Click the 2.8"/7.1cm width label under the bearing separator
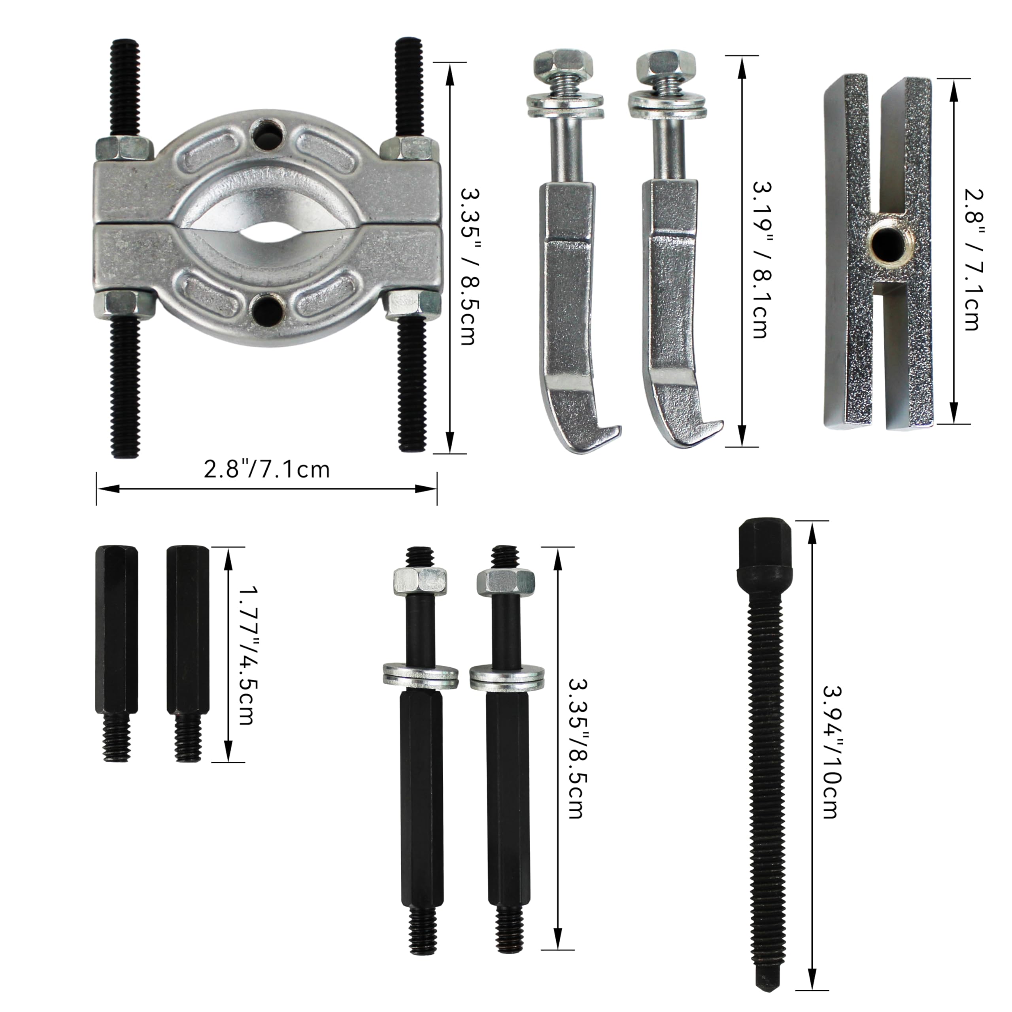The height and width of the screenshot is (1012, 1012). pos(266,469)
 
